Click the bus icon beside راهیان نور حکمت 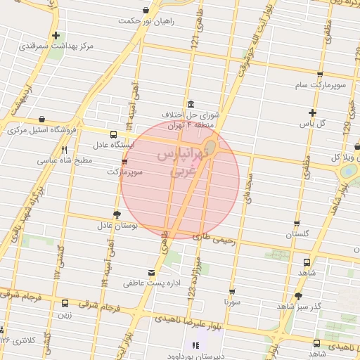(146, 10)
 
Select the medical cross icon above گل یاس (313, 112)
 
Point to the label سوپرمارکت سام (320, 84)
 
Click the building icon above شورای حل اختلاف (191, 103)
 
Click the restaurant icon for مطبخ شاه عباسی (65, 150)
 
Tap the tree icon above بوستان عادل (117, 214)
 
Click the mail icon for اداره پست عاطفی (152, 272)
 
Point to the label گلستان (297, 233)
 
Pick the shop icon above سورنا (232, 290)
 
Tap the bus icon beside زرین (65, 304)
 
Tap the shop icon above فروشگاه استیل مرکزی (44, 119)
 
